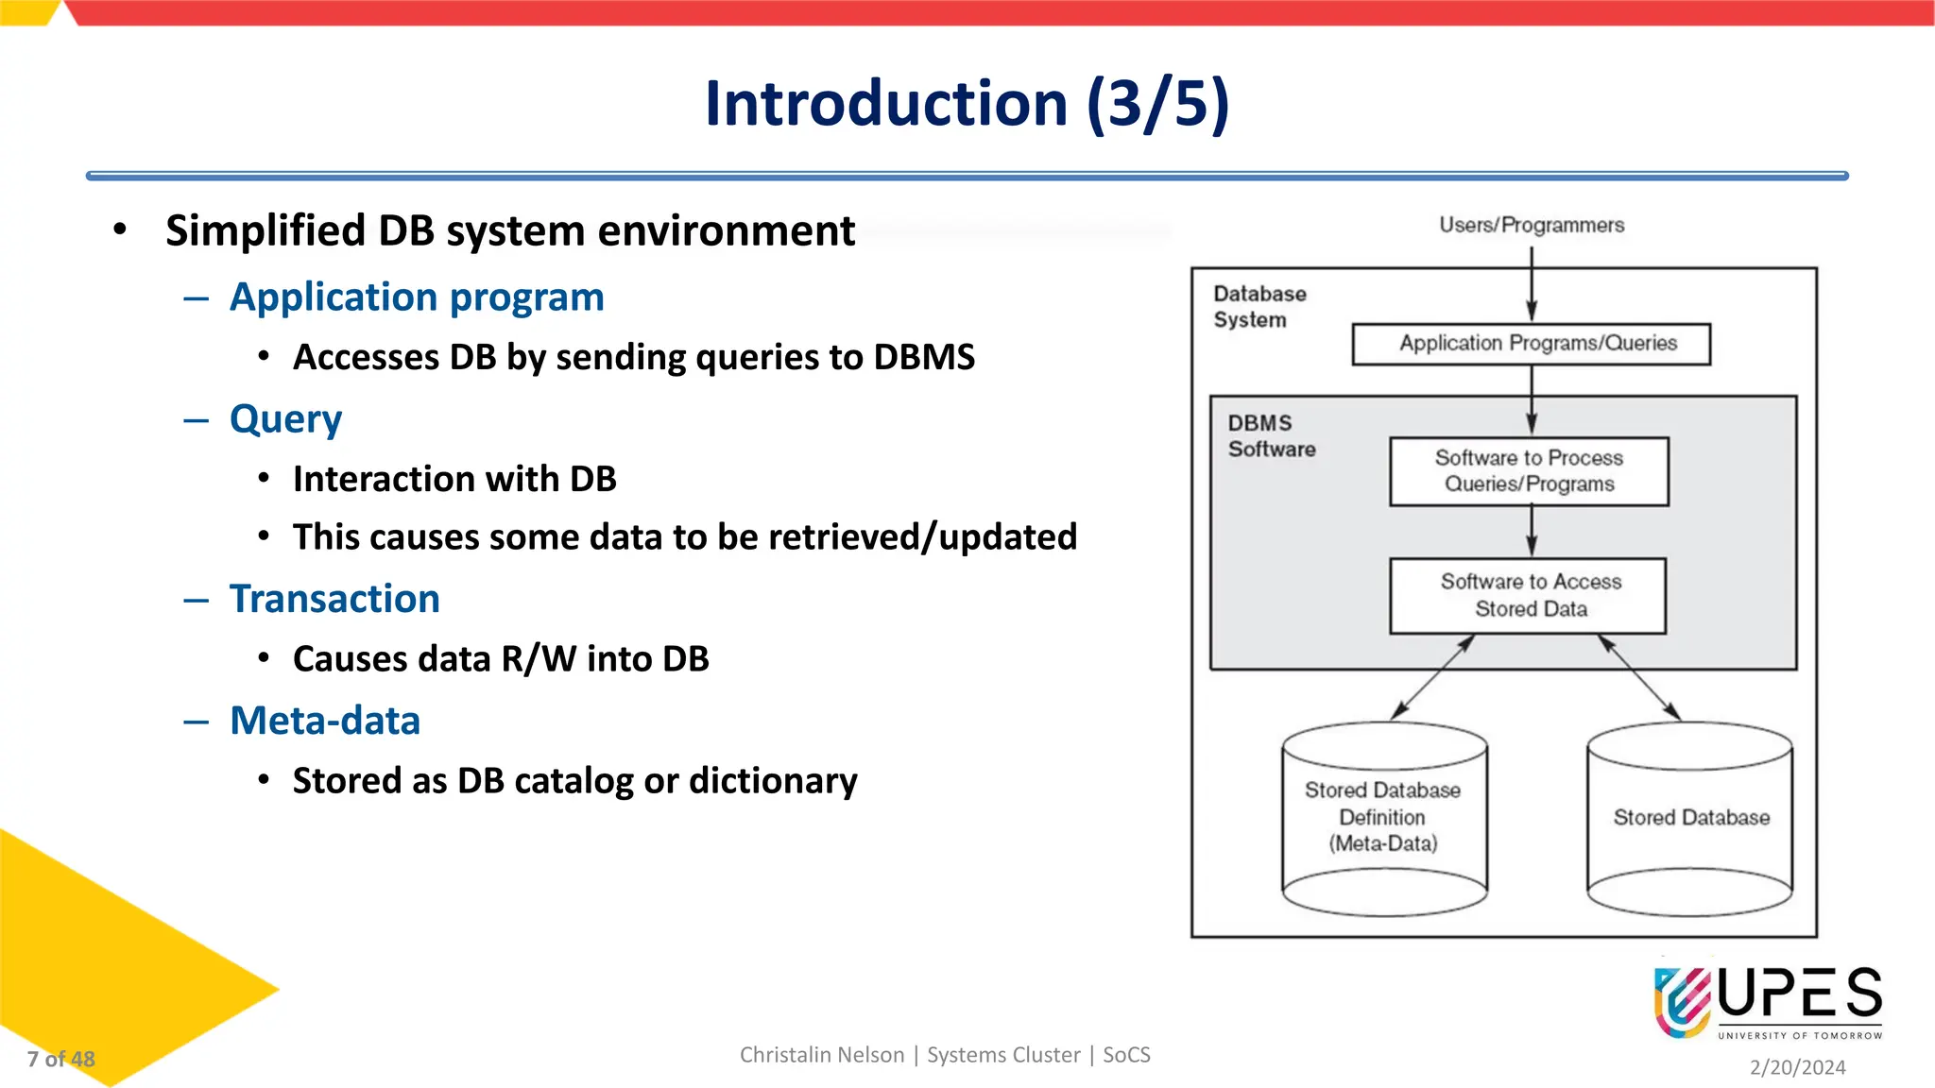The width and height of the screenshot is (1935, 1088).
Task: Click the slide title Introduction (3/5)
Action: [x=967, y=103]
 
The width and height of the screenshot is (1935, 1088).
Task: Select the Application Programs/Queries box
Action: [x=1531, y=344]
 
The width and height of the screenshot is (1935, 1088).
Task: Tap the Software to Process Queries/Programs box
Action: [x=1529, y=471]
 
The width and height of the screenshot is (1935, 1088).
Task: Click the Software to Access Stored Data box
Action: [x=1528, y=596]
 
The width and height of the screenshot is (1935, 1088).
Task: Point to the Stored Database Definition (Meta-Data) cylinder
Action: [x=1384, y=818]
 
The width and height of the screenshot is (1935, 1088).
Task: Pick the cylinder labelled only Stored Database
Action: [x=1690, y=818]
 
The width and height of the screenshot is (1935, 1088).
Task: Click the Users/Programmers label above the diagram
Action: [x=1531, y=225]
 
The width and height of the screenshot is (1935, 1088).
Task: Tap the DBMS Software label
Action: [x=1271, y=436]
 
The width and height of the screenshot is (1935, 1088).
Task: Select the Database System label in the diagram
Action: [x=1259, y=307]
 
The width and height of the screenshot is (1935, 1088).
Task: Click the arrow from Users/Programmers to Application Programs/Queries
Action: [x=1532, y=283]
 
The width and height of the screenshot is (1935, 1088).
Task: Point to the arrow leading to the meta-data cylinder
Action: [x=1432, y=677]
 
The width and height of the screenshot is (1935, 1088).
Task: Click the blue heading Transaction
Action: [x=334, y=599]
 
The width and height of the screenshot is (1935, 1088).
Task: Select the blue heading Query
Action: [x=285, y=419]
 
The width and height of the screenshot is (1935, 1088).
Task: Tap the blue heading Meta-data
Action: [x=325, y=721]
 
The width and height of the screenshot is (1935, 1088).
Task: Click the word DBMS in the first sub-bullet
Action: [x=923, y=357]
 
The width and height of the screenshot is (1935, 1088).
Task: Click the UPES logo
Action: [x=1767, y=1002]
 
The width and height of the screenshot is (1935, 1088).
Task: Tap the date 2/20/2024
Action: [x=1797, y=1067]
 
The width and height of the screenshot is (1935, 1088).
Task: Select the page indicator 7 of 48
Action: [x=61, y=1059]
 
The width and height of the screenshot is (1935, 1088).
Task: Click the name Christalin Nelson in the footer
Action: [x=821, y=1055]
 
